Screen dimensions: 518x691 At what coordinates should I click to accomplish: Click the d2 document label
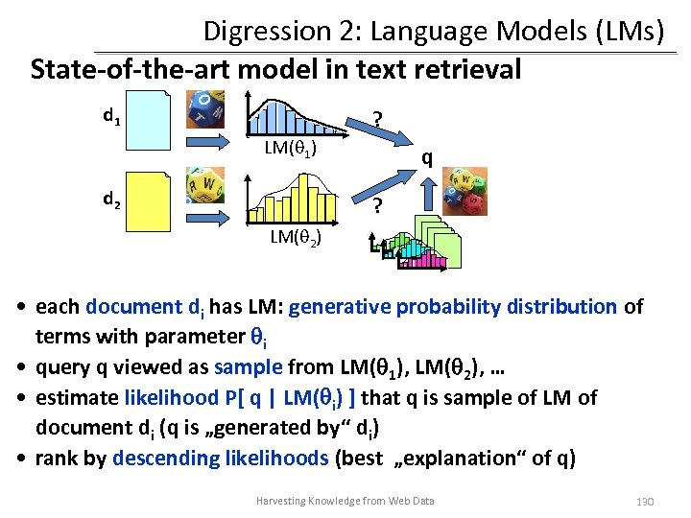point(112,200)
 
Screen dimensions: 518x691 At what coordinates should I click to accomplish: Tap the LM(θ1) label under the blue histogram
point(292,149)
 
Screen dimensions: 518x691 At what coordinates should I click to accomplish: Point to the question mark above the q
point(378,119)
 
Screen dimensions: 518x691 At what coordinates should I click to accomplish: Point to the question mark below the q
point(378,206)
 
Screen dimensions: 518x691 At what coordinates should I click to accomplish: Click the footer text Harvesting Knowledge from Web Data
point(345,501)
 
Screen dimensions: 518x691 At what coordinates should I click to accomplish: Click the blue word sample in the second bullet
point(248,366)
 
